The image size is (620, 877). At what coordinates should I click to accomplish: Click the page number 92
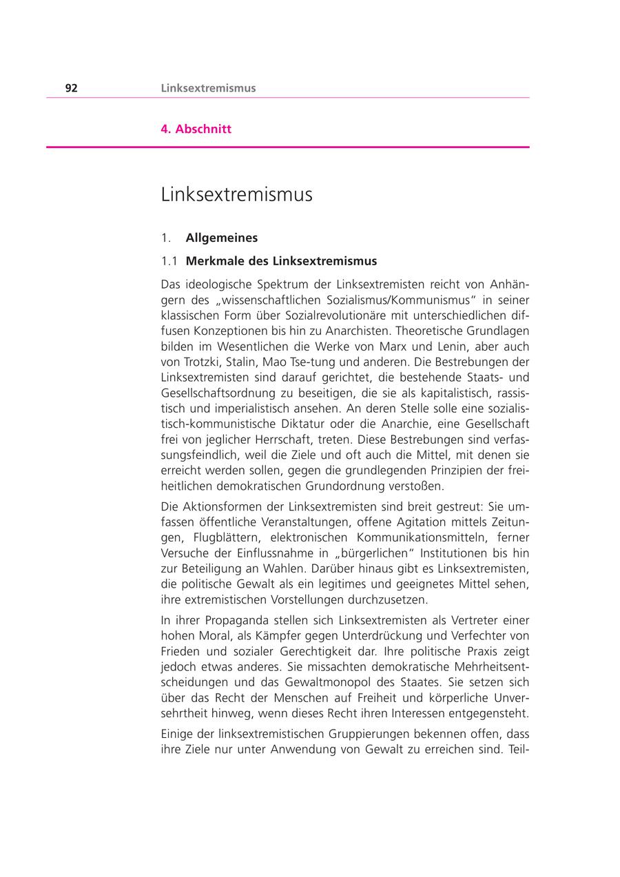pos(71,88)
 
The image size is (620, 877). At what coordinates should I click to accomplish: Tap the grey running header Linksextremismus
pos(208,88)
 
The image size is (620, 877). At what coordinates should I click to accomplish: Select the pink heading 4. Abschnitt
pos(196,129)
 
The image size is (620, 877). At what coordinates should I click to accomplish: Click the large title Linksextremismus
pos(236,195)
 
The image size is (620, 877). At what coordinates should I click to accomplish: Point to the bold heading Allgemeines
pos(221,238)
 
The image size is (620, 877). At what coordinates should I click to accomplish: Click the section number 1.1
pos(169,261)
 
